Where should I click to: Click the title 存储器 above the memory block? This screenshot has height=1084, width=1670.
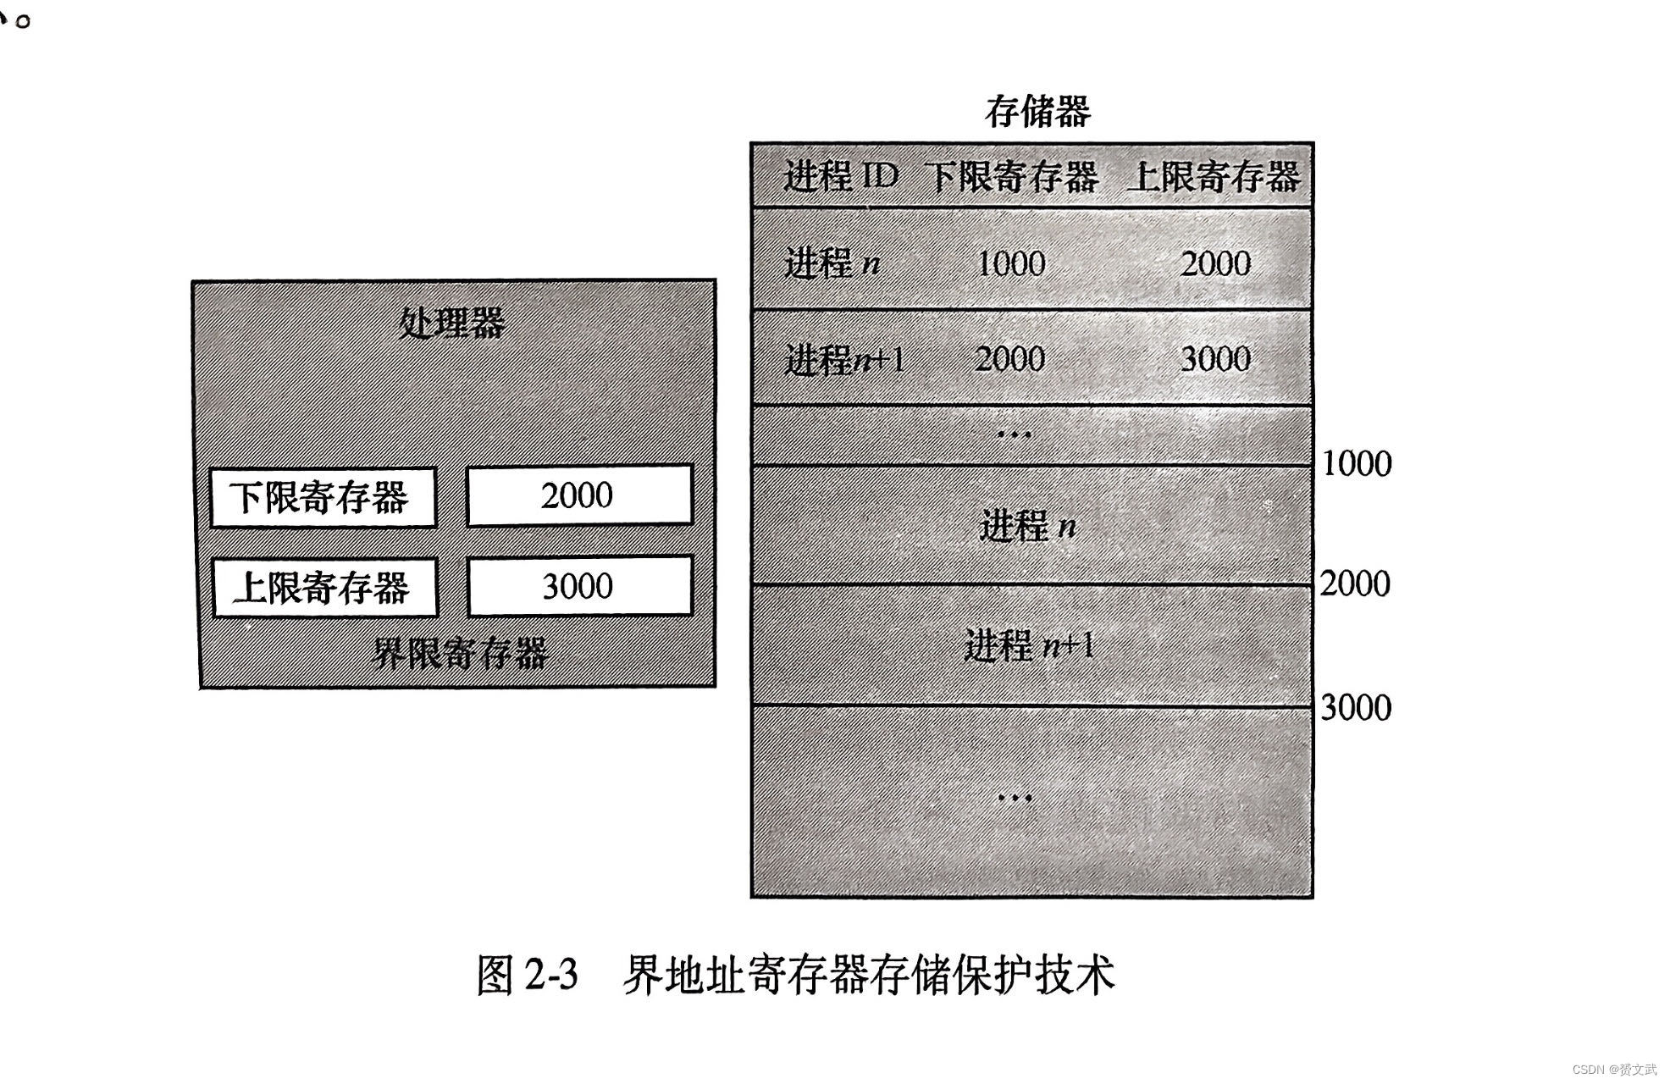point(1037,112)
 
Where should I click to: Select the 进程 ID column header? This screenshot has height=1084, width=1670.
point(840,176)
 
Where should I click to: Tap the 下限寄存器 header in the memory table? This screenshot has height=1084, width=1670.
point(1011,177)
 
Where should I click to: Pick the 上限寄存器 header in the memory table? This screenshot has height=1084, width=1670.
point(1215,177)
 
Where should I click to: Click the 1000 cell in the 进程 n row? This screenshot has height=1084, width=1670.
point(1011,263)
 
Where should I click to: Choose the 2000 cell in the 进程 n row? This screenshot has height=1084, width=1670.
point(1215,263)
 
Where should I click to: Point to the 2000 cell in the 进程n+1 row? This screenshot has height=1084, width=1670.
point(1009,359)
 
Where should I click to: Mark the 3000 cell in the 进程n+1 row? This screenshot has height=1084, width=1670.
point(1215,359)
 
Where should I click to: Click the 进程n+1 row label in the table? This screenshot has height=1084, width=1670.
point(844,360)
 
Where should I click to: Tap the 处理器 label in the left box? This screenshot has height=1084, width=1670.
point(452,323)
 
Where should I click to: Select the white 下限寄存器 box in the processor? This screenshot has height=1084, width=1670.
point(323,497)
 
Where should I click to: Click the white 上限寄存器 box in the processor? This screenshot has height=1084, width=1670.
point(323,587)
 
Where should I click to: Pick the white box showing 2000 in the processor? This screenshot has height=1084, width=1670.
point(579,495)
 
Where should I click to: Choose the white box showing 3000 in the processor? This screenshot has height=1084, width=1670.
point(579,586)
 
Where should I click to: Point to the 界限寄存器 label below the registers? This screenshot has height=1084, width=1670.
point(460,654)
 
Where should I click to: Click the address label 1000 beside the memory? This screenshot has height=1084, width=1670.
point(1357,464)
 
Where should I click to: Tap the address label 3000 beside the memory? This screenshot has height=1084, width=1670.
point(1356,708)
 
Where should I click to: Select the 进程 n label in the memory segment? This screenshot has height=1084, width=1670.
point(1027,526)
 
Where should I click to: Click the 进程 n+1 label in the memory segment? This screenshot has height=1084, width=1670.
point(1029,646)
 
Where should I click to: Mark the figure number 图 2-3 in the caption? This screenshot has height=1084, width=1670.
point(527,975)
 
